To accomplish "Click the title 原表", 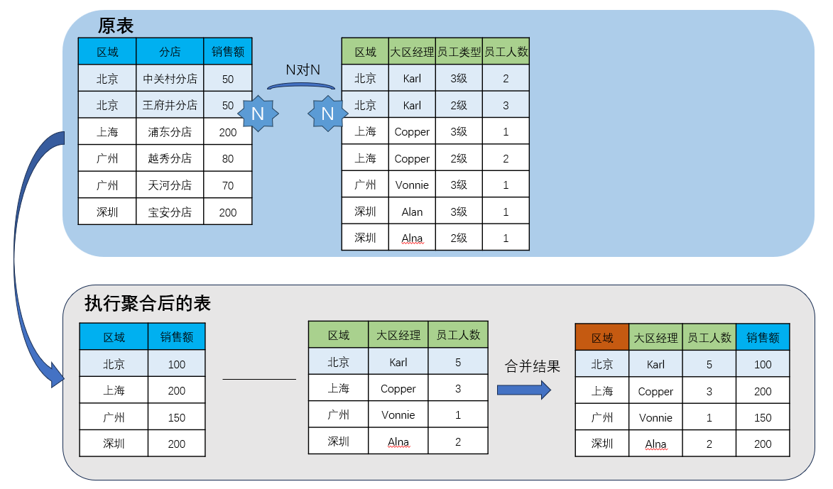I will pos(116,26).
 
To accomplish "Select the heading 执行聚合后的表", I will pos(148,303).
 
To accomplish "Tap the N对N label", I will pos(303,70).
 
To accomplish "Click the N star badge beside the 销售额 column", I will pos(258,114).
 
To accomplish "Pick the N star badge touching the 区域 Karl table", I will pos(327,114).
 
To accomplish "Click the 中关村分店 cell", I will pos(170,79).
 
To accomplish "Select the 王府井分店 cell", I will pos(170,105).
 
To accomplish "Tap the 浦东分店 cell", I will pos(170,132).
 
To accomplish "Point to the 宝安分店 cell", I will pos(170,211).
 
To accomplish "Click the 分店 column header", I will pos(170,52).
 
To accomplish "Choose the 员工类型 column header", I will pos(459,52).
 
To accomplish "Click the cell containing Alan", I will pos(412,211).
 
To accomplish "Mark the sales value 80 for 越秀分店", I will pos(228,158).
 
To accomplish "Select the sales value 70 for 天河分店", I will pos(228,185).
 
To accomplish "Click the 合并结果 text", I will pos(532,366).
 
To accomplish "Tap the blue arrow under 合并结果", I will pos(524,390).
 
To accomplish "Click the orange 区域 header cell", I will pos(602,338).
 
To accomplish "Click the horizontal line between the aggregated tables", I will pos(258,379).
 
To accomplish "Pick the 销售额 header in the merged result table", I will pos(763,338).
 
